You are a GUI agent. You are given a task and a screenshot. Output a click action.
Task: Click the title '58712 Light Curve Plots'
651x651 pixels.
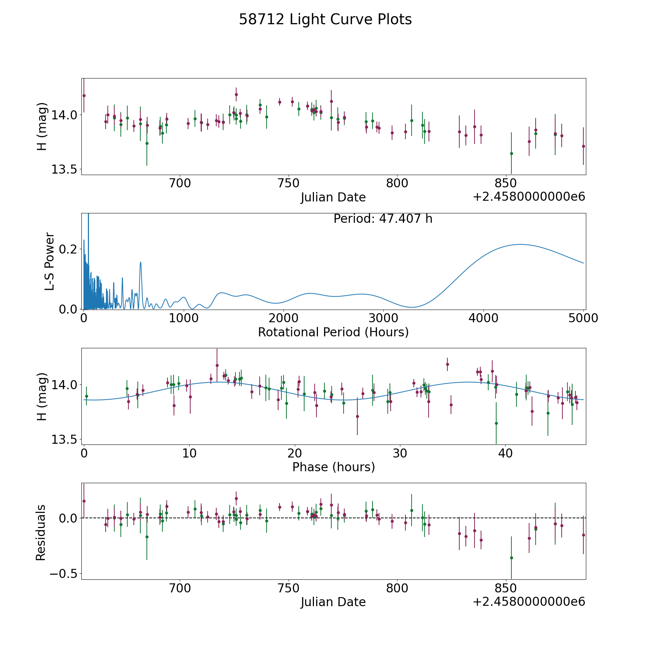tap(325, 20)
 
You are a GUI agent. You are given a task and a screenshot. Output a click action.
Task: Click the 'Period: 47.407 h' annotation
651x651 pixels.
tap(383, 219)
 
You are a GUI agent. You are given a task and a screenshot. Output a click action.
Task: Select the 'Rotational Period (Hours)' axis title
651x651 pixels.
tap(333, 332)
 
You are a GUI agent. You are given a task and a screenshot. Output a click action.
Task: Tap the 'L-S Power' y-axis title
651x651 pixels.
tap(50, 261)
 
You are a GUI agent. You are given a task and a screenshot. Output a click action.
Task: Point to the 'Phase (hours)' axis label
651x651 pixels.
tap(333, 467)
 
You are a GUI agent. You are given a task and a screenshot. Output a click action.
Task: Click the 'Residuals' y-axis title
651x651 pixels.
tap(41, 532)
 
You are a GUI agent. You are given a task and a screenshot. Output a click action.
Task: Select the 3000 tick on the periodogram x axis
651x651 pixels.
tap(383, 318)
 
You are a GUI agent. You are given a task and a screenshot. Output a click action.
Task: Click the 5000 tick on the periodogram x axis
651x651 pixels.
tap(583, 318)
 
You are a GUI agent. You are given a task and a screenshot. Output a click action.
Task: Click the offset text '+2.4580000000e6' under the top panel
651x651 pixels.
tap(529, 197)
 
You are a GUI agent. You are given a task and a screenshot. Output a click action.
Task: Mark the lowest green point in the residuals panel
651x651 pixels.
tap(511, 558)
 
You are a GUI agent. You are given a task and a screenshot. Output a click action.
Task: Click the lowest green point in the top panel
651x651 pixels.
tap(511, 153)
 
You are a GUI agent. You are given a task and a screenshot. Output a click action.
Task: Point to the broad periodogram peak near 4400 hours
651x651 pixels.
tap(520, 244)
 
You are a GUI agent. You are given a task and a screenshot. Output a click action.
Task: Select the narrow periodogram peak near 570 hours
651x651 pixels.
tap(140, 262)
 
